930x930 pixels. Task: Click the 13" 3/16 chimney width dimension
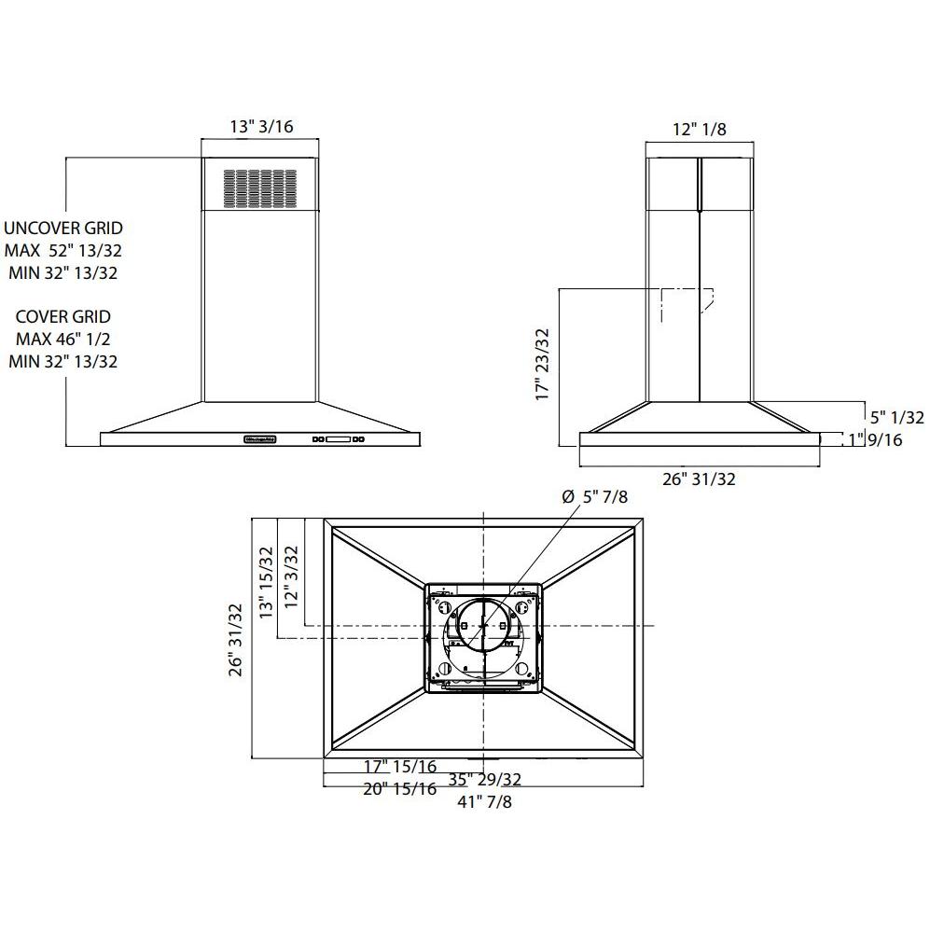pyautogui.click(x=260, y=128)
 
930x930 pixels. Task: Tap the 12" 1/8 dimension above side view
pyautogui.click(x=700, y=130)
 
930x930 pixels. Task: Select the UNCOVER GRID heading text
pyautogui.click(x=62, y=228)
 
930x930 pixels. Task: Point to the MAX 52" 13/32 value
pyautogui.click(x=63, y=250)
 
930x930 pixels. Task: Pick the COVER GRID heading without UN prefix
pyautogui.click(x=63, y=316)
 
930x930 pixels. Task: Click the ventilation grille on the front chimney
pyautogui.click(x=258, y=187)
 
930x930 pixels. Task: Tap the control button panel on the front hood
pyautogui.click(x=340, y=439)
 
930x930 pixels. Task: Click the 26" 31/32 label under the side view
pyautogui.click(x=699, y=479)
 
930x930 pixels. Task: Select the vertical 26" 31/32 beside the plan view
pyautogui.click(x=236, y=639)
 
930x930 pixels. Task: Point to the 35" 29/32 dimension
pyautogui.click(x=484, y=779)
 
